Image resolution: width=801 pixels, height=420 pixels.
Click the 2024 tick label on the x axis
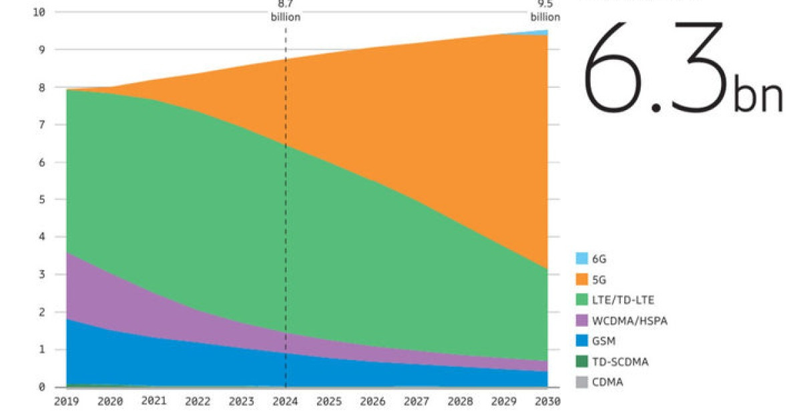pos(286,402)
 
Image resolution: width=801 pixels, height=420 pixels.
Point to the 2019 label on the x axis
pos(66,402)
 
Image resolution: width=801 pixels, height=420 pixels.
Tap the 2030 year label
pos(547,402)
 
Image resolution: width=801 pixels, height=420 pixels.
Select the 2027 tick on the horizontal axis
pos(417,402)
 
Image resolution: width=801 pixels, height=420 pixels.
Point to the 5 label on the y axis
pos(41,199)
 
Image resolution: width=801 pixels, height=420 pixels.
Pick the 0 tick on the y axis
pos(41,387)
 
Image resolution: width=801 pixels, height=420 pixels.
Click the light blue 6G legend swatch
pos(581,259)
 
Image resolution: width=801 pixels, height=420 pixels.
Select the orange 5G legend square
pos(581,279)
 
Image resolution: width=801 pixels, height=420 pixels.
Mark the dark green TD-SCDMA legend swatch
pos(581,362)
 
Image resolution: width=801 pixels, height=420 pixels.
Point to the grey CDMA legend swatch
pos(581,383)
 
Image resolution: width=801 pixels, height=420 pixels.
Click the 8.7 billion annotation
pos(286,11)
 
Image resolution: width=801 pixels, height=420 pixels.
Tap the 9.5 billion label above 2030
pos(545,11)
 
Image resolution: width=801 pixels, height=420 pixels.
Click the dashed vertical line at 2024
pos(286,200)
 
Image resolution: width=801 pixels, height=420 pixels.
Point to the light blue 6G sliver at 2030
pos(544,32)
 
